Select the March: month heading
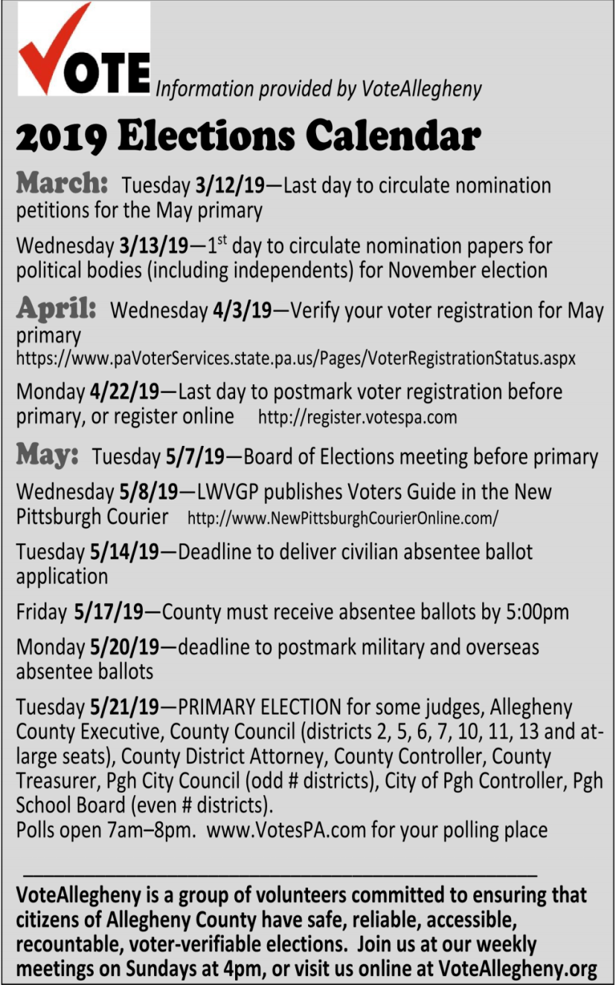click(62, 183)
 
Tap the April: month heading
click(57, 307)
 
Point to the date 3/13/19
click(153, 246)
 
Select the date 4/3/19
click(242, 310)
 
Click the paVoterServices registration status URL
click(295, 358)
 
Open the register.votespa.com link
click(357, 417)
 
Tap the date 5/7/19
click(196, 456)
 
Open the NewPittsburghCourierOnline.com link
click(343, 517)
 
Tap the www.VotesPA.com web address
click(286, 829)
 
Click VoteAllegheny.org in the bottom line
click(518, 969)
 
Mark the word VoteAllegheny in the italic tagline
click(421, 89)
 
